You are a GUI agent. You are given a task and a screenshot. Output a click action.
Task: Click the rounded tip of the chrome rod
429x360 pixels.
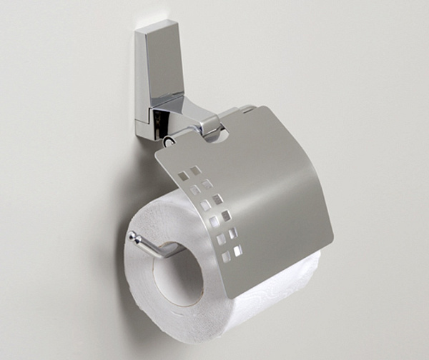[132, 235]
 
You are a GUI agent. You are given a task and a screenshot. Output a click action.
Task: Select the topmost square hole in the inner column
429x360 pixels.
[195, 170]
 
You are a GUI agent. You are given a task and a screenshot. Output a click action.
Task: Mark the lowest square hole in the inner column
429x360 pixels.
[237, 251]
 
